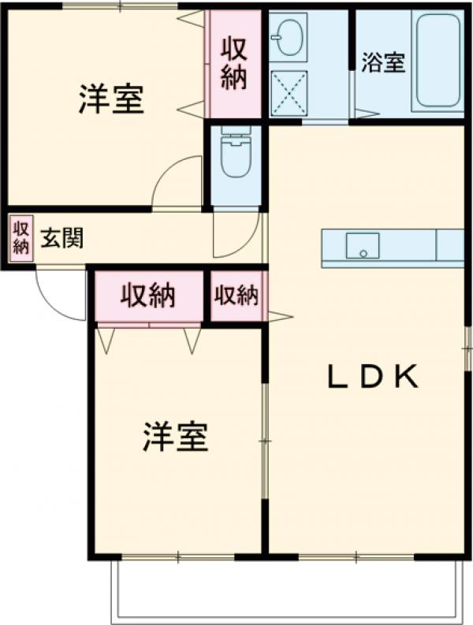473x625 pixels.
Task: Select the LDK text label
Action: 372,378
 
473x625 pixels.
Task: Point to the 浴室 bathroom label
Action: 383,64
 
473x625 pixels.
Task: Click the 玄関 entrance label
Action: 61,237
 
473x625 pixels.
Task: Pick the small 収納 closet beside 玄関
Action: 20,237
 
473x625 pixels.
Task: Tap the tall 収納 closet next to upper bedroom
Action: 234,63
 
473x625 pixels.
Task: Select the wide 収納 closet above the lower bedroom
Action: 147,296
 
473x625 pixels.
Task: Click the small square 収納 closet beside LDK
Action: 236,296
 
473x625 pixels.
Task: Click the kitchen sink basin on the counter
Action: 363,245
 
